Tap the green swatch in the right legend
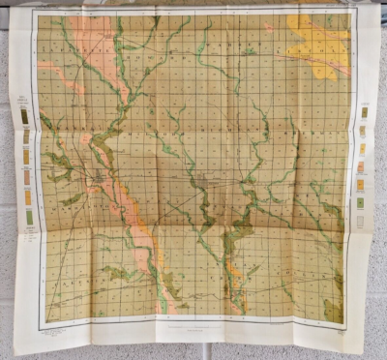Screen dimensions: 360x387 362,202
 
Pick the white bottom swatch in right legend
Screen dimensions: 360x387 362,221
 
